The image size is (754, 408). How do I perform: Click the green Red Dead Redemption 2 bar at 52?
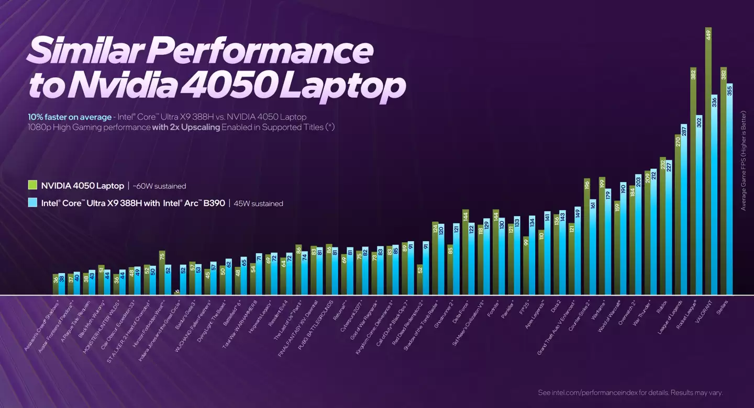420,280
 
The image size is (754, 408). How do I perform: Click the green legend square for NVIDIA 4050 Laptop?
32,185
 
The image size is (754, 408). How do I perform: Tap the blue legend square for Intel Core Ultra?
32,203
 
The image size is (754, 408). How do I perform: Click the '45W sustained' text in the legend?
259,203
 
